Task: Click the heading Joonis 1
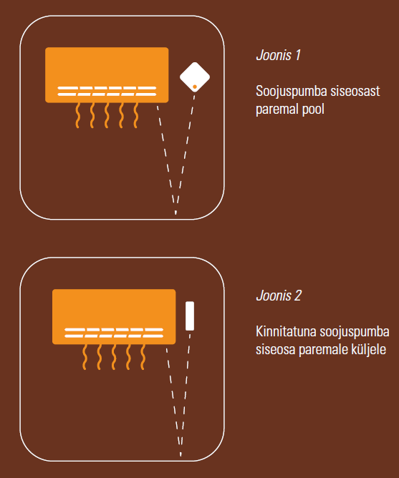point(278,56)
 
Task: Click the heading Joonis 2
point(279,296)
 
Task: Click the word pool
point(313,109)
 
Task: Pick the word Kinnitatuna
point(286,331)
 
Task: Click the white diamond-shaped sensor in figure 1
point(195,77)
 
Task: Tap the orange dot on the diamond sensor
point(195,87)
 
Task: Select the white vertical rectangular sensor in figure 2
point(190,316)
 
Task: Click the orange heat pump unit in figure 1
point(107,75)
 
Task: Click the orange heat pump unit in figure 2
point(114,317)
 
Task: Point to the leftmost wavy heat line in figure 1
point(78,115)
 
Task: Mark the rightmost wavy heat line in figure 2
point(143,357)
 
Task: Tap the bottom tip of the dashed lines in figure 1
point(176,214)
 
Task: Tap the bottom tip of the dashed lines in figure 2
point(181,455)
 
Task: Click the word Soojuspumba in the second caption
point(355,332)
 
